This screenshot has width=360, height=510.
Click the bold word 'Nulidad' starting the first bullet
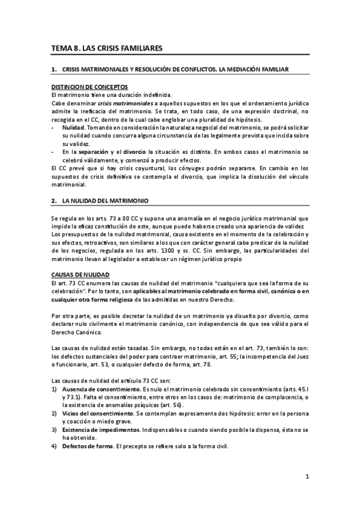[73, 129]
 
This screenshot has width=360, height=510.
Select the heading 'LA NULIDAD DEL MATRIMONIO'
[105, 199]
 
